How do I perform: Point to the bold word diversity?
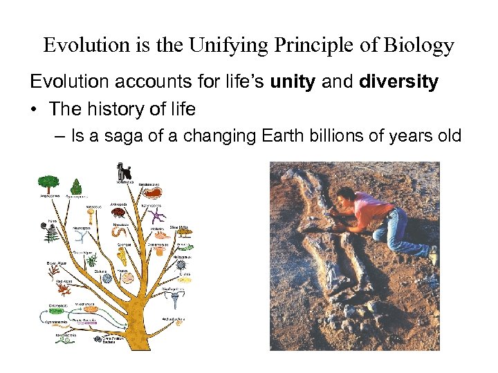[399, 82]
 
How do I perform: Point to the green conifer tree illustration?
[77, 187]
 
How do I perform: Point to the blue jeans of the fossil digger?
[401, 231]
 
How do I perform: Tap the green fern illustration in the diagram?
[51, 233]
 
